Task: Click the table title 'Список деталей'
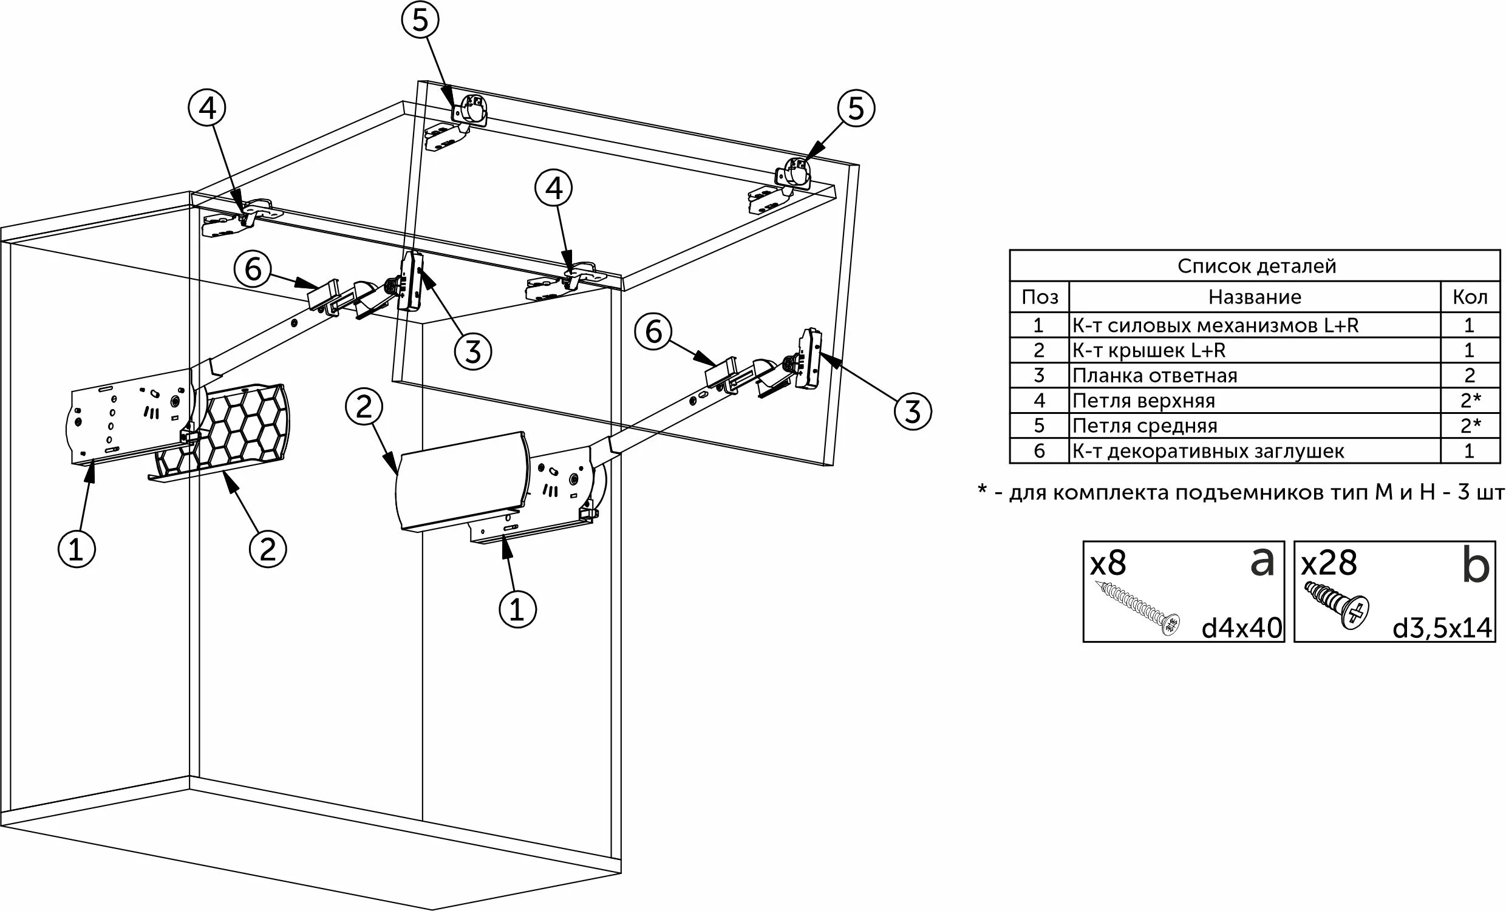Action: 1256,266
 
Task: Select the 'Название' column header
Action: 1254,297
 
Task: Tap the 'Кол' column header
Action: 1470,297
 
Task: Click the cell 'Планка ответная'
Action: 1154,376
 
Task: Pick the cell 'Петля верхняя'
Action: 1143,401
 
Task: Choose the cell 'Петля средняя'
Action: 1145,426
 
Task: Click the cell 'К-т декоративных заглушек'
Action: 1208,452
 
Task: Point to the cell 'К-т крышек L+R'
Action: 1148,351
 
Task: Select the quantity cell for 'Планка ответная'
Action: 1470,376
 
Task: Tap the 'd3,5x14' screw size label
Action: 1442,628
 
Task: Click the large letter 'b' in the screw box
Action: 1476,566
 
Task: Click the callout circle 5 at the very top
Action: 420,20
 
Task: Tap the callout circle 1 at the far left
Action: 77,549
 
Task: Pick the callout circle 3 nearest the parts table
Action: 913,411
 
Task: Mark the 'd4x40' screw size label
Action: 1241,628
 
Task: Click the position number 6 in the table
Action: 1039,452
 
